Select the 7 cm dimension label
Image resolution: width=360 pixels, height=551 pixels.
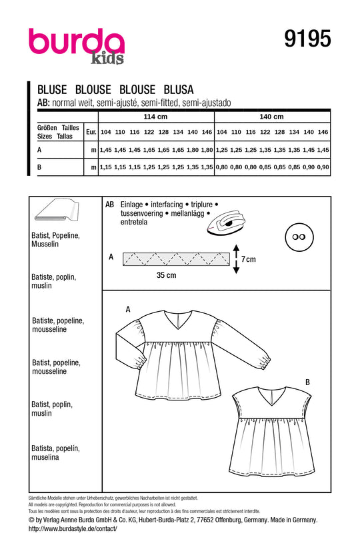[x=247, y=259]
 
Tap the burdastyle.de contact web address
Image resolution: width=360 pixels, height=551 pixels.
[x=73, y=528]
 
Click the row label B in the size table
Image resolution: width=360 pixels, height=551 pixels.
[x=40, y=167]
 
